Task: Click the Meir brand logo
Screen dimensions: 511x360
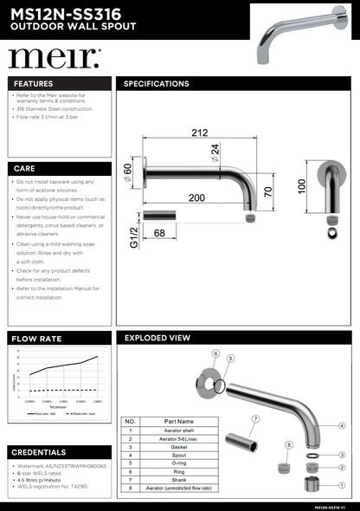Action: tap(54, 58)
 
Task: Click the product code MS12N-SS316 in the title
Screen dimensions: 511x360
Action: tap(66, 11)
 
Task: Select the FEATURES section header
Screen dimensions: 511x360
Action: tap(34, 84)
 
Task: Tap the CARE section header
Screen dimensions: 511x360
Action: tap(25, 168)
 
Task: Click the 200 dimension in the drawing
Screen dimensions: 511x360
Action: tap(197, 198)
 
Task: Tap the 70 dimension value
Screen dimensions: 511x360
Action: tap(269, 191)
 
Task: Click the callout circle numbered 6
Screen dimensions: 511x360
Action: tap(215, 353)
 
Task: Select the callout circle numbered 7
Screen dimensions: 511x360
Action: tap(255, 419)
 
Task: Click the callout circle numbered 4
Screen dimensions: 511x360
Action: tap(342, 425)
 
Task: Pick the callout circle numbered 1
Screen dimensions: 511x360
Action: tap(342, 485)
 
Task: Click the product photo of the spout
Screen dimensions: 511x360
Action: tap(299, 35)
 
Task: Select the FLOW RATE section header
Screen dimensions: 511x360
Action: tap(36, 338)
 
